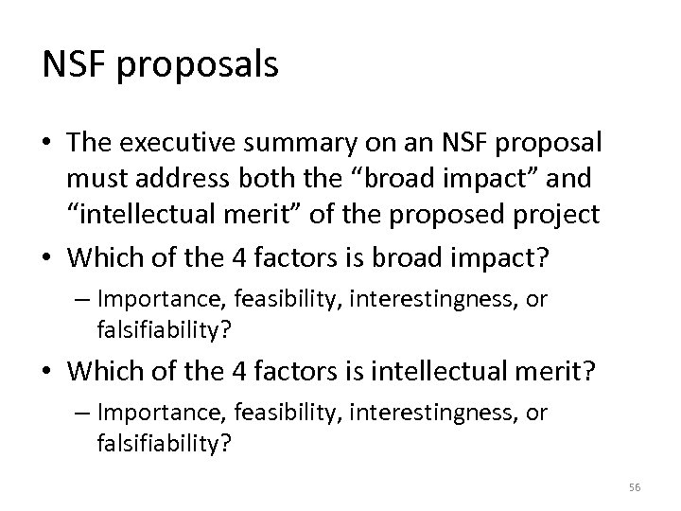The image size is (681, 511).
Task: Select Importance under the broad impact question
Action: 149,299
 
